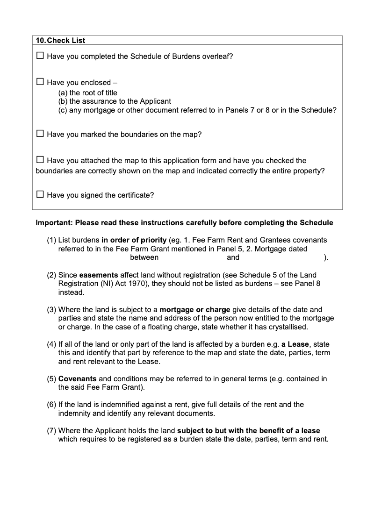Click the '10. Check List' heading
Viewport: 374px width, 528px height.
(60, 41)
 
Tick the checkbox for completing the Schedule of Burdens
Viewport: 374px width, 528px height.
(40, 56)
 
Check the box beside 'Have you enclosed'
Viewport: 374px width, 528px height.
(40, 82)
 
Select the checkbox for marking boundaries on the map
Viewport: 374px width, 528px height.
(40, 134)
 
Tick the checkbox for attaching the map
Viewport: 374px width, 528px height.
(40, 160)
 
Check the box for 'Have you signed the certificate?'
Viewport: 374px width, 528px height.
(40, 195)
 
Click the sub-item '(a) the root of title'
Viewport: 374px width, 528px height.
(87, 93)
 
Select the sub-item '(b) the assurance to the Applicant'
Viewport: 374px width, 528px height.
(115, 101)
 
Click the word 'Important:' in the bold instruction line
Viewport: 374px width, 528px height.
(54, 222)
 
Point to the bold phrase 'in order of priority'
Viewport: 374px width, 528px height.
(136, 240)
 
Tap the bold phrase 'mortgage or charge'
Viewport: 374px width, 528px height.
(194, 309)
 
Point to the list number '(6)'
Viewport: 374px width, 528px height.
(51, 405)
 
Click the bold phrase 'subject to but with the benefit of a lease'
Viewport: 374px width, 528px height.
(249, 430)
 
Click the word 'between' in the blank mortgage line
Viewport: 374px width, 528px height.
(144, 257)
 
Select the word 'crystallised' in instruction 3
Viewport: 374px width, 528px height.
(288, 327)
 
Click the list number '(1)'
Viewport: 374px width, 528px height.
(51, 240)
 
